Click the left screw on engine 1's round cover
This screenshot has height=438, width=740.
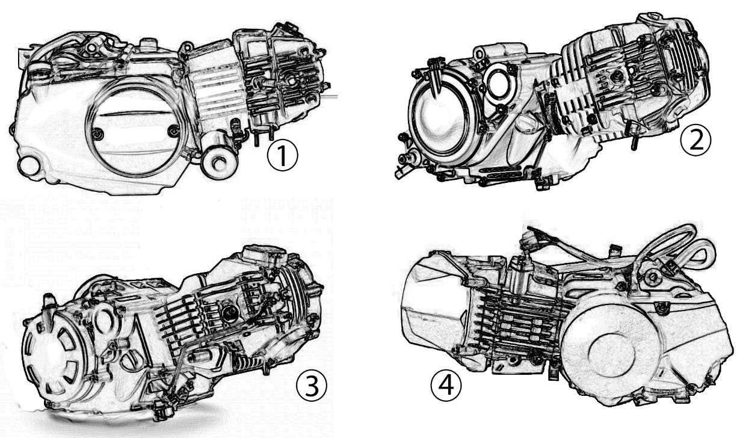(101, 133)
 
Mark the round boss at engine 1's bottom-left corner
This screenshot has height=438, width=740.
(26, 164)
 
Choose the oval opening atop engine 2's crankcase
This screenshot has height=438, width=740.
(499, 85)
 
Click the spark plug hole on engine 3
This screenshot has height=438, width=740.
(229, 313)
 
